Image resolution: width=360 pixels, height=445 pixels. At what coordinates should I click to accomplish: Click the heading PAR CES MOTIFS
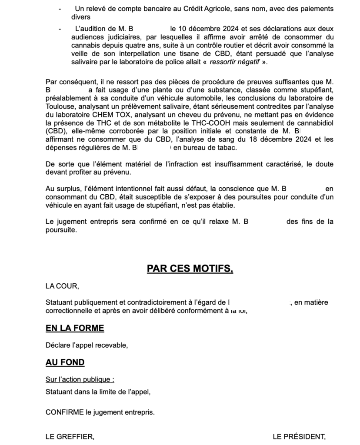[x=190, y=269]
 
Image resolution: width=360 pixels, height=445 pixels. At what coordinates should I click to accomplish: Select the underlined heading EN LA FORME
[x=75, y=328]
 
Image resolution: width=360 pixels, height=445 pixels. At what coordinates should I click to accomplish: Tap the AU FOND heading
[x=65, y=362]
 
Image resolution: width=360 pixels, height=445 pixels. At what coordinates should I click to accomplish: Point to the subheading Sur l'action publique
[x=80, y=379]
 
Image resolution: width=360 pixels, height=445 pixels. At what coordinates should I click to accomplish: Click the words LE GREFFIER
[x=70, y=436]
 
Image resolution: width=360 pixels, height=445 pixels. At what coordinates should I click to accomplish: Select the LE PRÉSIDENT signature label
[x=299, y=436]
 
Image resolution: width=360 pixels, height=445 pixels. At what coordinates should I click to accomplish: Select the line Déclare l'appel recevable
[x=87, y=345]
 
